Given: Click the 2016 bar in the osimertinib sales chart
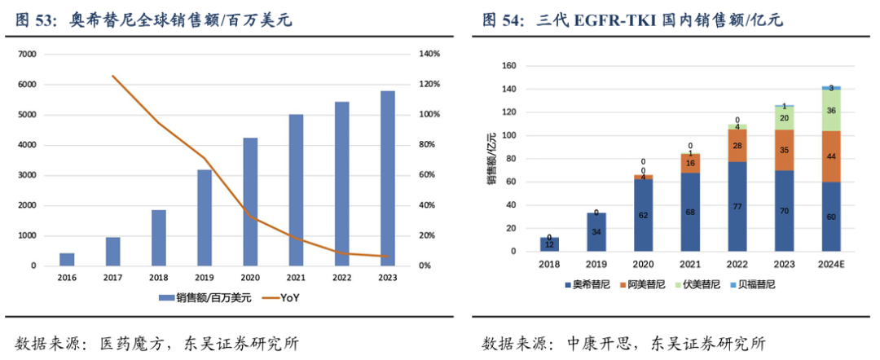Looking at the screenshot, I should click(67, 259).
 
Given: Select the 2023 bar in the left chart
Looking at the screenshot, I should click(387, 178).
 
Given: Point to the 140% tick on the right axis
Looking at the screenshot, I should click(429, 54).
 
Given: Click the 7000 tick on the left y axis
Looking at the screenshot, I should click(27, 54).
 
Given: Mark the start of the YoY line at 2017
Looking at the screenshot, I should click(112, 76).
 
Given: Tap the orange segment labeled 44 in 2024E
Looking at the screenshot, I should click(831, 156).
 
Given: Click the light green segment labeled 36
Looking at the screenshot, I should click(831, 110).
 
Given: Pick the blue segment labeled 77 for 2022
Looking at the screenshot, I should click(737, 206).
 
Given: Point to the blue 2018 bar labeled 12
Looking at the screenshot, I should click(549, 244).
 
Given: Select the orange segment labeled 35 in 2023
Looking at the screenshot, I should click(784, 150).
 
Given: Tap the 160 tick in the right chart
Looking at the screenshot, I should click(509, 66).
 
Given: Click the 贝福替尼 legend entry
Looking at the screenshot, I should click(755, 284).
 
